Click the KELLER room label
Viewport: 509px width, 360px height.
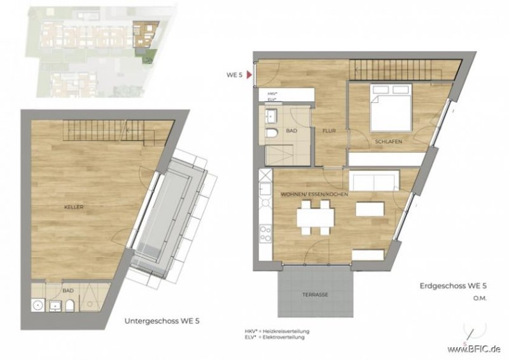(74, 207)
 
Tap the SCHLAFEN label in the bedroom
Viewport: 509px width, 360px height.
(387, 141)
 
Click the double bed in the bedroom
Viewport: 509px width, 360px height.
(390, 109)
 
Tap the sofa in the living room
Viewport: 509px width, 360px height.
(376, 181)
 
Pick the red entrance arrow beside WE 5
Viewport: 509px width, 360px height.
(249, 75)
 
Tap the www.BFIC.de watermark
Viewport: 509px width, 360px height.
(473, 349)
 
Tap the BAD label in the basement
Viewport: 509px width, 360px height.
(68, 291)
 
